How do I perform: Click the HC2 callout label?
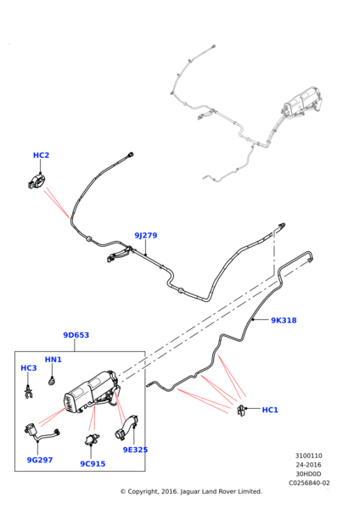[x=41, y=155]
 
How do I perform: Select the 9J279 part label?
[x=146, y=235]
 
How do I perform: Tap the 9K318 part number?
[x=284, y=321]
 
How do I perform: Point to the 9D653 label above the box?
[x=76, y=335]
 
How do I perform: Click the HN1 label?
[x=53, y=360]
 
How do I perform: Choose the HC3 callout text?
[x=29, y=368]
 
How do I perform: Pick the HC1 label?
[x=270, y=410]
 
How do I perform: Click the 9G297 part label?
[x=40, y=460]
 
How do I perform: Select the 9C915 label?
[x=93, y=464]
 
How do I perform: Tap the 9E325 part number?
[x=135, y=450]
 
